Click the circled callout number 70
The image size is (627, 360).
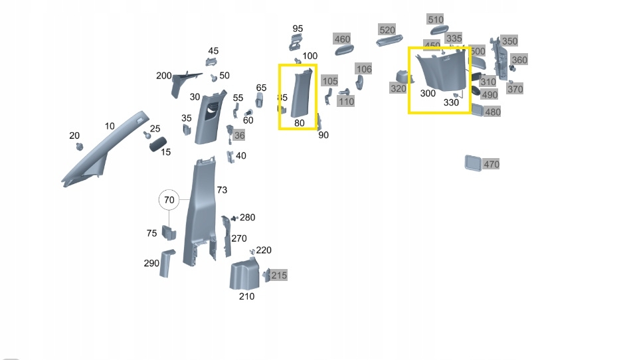[x=169, y=199]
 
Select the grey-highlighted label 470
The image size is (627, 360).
[x=491, y=164]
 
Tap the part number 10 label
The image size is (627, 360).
[x=110, y=126]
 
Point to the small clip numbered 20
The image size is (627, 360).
[x=79, y=145]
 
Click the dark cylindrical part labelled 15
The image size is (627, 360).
[x=157, y=144]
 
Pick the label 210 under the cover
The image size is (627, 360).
[x=246, y=296]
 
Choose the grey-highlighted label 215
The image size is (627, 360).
[x=279, y=275]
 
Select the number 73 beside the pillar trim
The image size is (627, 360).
[x=222, y=190]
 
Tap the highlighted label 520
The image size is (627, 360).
[x=387, y=30]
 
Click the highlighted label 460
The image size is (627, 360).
[x=341, y=39]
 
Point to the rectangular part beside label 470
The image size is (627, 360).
[x=473, y=163]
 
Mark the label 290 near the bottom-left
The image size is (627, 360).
[x=151, y=263]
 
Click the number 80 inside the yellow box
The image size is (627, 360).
[x=299, y=123]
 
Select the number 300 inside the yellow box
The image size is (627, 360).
[x=428, y=94]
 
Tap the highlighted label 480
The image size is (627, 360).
[x=492, y=112]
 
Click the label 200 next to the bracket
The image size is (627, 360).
[x=163, y=76]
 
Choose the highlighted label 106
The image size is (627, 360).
[x=364, y=69]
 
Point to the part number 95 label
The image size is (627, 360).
[x=298, y=29]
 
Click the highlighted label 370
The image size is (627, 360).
[x=515, y=89]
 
